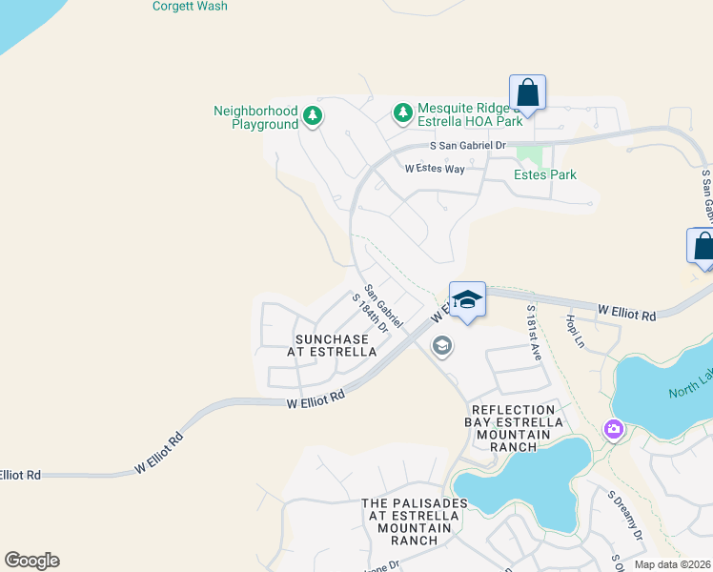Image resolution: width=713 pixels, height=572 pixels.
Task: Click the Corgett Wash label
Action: click(x=190, y=7)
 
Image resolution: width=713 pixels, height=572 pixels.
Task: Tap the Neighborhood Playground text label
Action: click(x=255, y=117)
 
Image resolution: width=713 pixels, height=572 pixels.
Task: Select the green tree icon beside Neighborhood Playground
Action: click(x=312, y=116)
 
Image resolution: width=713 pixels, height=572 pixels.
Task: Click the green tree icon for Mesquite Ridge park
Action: click(x=402, y=113)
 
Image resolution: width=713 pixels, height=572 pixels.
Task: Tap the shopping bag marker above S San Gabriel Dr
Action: click(x=527, y=93)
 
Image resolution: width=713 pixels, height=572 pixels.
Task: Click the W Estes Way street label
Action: click(x=434, y=169)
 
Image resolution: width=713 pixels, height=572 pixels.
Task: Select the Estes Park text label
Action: click(x=545, y=174)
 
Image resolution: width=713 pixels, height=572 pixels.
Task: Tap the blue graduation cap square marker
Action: click(x=467, y=300)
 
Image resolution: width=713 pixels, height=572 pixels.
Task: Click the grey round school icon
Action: click(x=441, y=345)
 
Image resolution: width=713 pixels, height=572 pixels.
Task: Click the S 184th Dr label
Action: click(x=370, y=312)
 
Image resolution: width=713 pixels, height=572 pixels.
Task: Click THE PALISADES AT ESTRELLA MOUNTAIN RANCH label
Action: click(x=414, y=521)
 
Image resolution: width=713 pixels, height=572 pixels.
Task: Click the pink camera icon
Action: click(x=614, y=431)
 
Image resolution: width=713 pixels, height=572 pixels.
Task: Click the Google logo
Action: click(x=31, y=561)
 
